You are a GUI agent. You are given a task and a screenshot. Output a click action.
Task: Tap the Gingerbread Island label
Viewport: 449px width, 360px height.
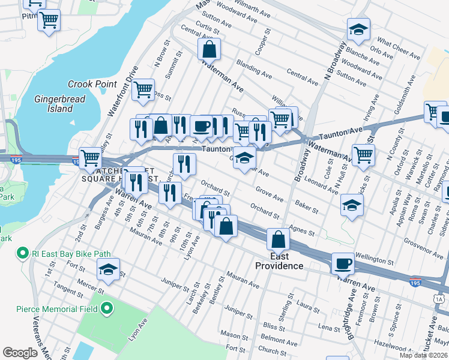coord(53,103)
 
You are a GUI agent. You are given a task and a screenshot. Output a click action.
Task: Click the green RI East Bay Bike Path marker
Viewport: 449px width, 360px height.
coord(23,253)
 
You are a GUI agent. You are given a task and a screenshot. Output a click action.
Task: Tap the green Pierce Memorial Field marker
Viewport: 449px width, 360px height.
coord(107,309)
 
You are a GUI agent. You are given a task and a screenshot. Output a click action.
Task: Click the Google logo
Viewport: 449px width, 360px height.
coord(20,353)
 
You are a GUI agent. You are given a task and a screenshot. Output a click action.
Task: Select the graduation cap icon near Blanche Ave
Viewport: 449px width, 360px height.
coord(358,30)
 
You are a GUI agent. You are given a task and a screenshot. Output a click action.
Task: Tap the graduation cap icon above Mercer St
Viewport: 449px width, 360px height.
coord(108,270)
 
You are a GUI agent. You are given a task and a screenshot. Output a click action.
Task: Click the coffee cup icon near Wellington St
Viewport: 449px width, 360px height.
coord(343,263)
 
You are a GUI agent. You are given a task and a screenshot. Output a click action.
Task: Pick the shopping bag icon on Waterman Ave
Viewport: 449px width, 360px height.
coord(209,50)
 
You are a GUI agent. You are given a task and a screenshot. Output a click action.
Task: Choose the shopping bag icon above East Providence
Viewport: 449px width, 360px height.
coord(279,240)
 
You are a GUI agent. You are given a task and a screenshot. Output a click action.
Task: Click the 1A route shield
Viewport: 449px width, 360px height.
coord(440,299)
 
